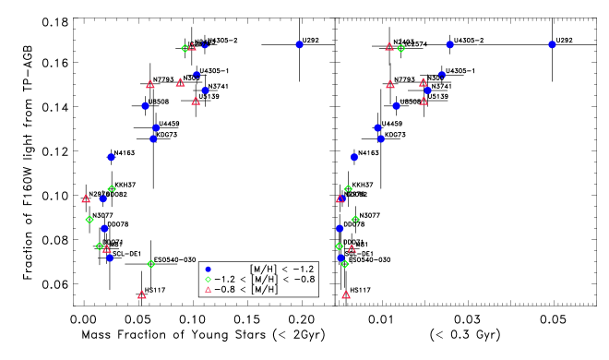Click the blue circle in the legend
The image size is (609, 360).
(208, 270)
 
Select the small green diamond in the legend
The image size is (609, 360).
(208, 280)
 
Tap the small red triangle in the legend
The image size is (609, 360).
(208, 290)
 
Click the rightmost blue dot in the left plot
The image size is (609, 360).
(299, 44)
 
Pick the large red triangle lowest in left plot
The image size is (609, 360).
(142, 295)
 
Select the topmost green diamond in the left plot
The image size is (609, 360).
(185, 48)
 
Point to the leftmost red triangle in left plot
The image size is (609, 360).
(86, 198)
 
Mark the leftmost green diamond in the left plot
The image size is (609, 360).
(90, 220)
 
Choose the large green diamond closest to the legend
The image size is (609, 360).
(151, 264)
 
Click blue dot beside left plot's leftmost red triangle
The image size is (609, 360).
(103, 198)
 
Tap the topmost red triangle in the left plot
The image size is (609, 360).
(192, 47)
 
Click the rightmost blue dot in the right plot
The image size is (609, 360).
(552, 44)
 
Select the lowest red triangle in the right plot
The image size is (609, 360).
(346, 295)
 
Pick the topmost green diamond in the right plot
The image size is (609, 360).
(400, 48)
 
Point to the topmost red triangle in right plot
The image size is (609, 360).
(389, 47)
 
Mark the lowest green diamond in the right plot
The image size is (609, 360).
(345, 264)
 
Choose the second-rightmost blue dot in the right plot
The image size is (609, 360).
(449, 44)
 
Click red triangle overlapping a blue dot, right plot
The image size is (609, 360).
(340, 198)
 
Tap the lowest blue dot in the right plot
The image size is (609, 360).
(340, 258)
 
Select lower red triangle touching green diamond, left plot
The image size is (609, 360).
(107, 249)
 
